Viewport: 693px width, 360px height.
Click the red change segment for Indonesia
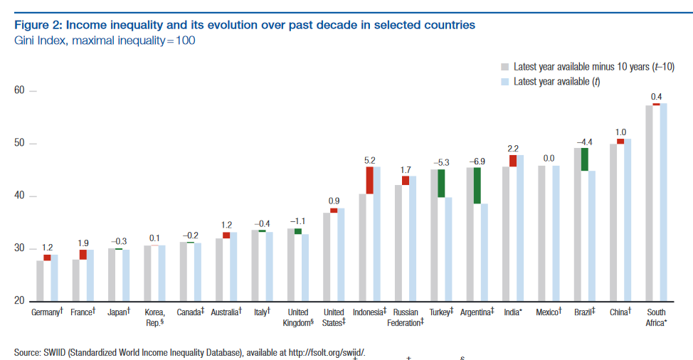click(x=370, y=180)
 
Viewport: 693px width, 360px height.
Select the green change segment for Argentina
click(x=477, y=185)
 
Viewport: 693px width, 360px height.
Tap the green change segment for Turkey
click(x=441, y=183)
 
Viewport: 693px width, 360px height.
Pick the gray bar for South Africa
click(x=649, y=203)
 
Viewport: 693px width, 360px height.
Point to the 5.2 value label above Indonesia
click(x=370, y=160)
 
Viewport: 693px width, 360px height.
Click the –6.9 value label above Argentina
click(x=477, y=161)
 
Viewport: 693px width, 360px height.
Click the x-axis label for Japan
click(x=118, y=312)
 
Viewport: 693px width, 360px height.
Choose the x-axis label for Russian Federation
click(x=406, y=317)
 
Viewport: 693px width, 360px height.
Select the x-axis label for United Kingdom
click(x=298, y=317)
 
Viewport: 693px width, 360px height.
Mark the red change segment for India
click(x=513, y=161)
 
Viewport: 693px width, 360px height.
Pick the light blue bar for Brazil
click(x=592, y=235)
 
